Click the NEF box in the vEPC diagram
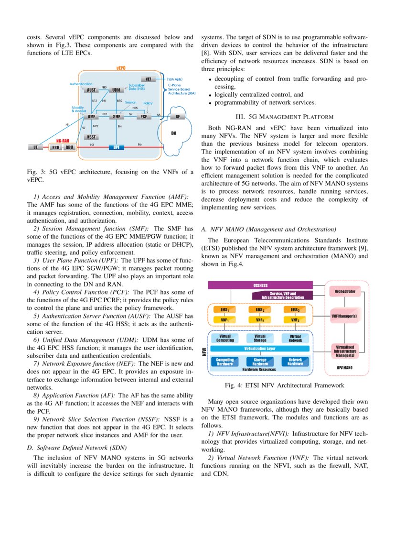148,79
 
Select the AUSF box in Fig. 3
91,90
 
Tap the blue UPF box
116,147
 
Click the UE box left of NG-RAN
35,148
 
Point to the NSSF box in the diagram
91,137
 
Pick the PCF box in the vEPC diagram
143,117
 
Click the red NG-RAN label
63,141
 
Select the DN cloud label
173,134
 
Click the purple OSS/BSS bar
260,285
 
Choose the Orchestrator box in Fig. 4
344,291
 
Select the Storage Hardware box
260,362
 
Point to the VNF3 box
295,320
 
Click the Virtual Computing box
225,339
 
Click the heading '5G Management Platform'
284,116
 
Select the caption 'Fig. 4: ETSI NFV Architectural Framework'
284,385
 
